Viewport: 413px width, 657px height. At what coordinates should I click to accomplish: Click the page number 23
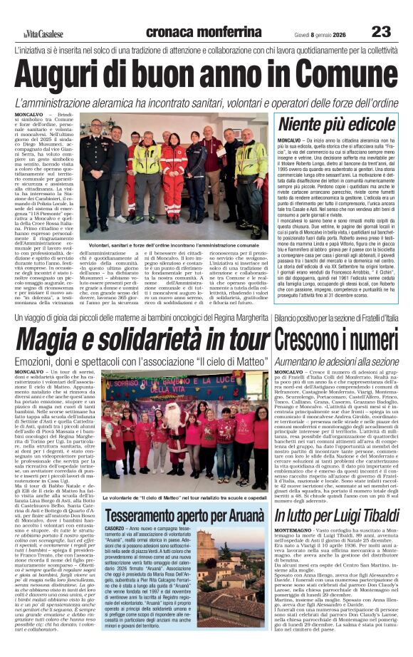(x=381, y=31)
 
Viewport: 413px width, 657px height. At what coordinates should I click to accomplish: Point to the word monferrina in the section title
(x=228, y=31)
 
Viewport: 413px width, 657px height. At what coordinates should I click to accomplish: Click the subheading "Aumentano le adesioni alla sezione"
(x=336, y=362)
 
